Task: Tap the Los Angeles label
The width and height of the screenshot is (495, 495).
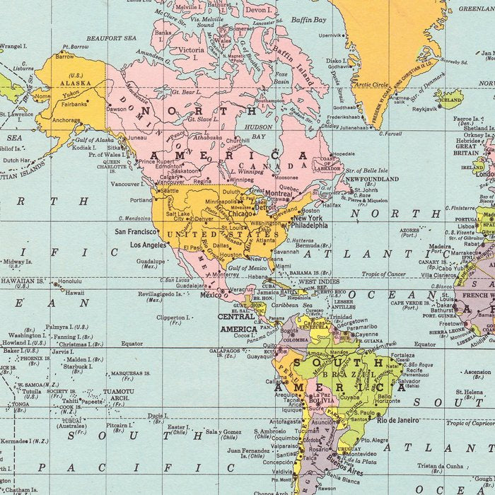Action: [148, 245]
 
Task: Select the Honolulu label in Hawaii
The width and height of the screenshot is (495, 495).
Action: [70, 281]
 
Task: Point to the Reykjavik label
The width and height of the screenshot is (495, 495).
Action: [425, 109]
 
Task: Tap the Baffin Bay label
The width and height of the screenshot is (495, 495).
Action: [308, 20]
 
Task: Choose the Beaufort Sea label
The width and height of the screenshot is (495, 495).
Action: [111, 38]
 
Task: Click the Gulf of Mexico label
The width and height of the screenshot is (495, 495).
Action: [248, 267]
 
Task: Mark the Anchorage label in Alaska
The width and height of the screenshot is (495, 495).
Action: [66, 120]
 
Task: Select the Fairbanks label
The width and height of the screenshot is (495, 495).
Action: [74, 104]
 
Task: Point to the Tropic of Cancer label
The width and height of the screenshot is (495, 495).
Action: [384, 274]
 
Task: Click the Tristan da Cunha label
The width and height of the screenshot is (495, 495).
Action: [439, 466]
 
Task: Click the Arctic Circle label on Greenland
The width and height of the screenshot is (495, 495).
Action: [371, 85]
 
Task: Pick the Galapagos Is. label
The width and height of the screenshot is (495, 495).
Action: [224, 352]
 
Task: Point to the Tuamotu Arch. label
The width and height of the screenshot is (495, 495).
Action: [118, 395]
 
